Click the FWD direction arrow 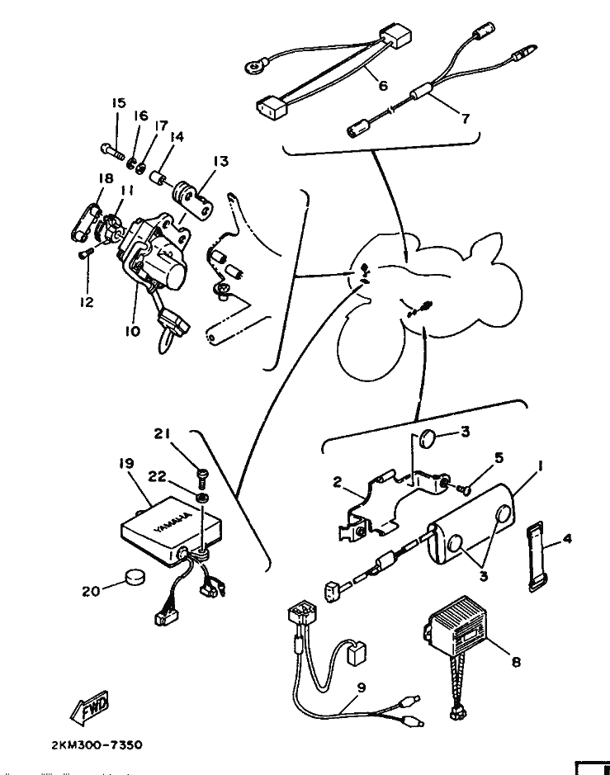pyautogui.click(x=90, y=708)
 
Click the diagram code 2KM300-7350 pyautogui.click(x=97, y=744)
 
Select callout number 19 pyautogui.click(x=126, y=463)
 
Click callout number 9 pyautogui.click(x=361, y=688)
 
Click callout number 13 pyautogui.click(x=221, y=161)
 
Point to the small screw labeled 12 pyautogui.click(x=86, y=254)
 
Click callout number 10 pyautogui.click(x=132, y=331)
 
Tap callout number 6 pyautogui.click(x=383, y=86)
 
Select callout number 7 pyautogui.click(x=466, y=119)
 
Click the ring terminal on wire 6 pyautogui.click(x=256, y=64)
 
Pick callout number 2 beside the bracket pyautogui.click(x=338, y=482)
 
